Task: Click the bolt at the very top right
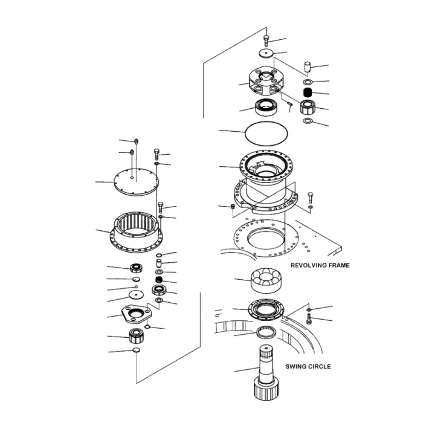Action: click(x=266, y=40)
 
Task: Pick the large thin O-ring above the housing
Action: click(x=266, y=131)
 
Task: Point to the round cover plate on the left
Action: click(x=136, y=181)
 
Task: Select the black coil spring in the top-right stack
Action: click(x=306, y=93)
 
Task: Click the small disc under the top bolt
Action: click(x=266, y=53)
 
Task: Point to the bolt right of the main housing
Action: click(x=311, y=196)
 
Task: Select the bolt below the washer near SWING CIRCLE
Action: click(x=309, y=319)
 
